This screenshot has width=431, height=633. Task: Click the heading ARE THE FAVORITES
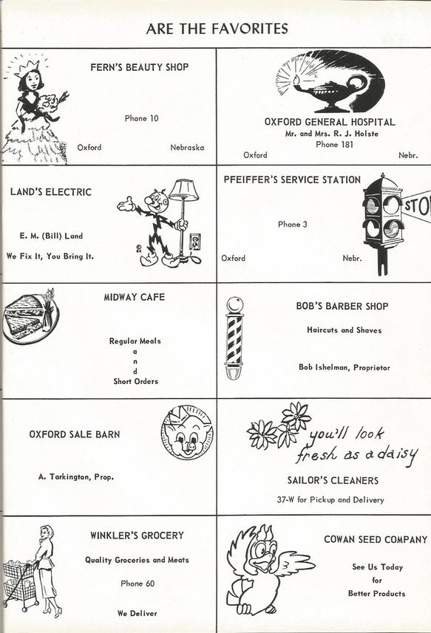click(x=217, y=29)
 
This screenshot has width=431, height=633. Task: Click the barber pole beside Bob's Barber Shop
click(x=234, y=338)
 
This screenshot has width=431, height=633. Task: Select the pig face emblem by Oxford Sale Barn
click(x=187, y=432)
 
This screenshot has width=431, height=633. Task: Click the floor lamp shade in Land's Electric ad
click(x=183, y=190)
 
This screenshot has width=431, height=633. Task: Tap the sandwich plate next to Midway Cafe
click(x=30, y=318)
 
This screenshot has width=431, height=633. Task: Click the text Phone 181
click(x=334, y=145)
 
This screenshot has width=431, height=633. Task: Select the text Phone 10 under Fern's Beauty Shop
click(x=141, y=118)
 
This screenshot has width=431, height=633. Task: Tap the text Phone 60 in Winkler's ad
click(x=138, y=584)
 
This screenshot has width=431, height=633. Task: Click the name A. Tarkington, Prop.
click(x=76, y=476)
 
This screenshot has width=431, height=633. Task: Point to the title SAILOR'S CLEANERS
click(x=333, y=480)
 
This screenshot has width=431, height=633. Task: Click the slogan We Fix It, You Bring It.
click(x=50, y=256)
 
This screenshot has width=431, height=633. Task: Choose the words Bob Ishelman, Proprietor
click(x=345, y=367)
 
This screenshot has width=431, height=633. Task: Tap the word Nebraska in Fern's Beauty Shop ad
click(x=187, y=147)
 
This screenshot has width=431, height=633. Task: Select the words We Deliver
click(x=138, y=613)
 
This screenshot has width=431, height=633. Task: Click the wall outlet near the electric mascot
click(x=195, y=242)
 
